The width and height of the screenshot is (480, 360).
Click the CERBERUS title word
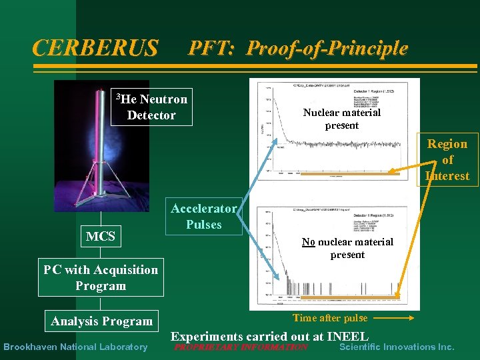[95, 48]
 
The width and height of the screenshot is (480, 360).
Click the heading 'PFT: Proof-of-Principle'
[298, 48]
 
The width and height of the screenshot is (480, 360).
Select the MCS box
[101, 236]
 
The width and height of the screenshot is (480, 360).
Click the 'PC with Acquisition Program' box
[101, 277]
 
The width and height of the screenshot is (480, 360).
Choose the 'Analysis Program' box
[102, 321]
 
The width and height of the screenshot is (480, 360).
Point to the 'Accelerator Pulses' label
[204, 216]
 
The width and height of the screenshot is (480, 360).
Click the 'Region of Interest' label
[447, 160]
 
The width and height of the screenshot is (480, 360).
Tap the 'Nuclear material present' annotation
[342, 119]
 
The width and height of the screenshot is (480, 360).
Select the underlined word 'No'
[308, 242]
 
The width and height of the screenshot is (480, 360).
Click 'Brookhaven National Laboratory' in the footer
[75, 347]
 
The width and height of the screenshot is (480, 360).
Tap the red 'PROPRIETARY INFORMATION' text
[241, 347]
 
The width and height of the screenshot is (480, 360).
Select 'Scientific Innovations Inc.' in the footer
[397, 347]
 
